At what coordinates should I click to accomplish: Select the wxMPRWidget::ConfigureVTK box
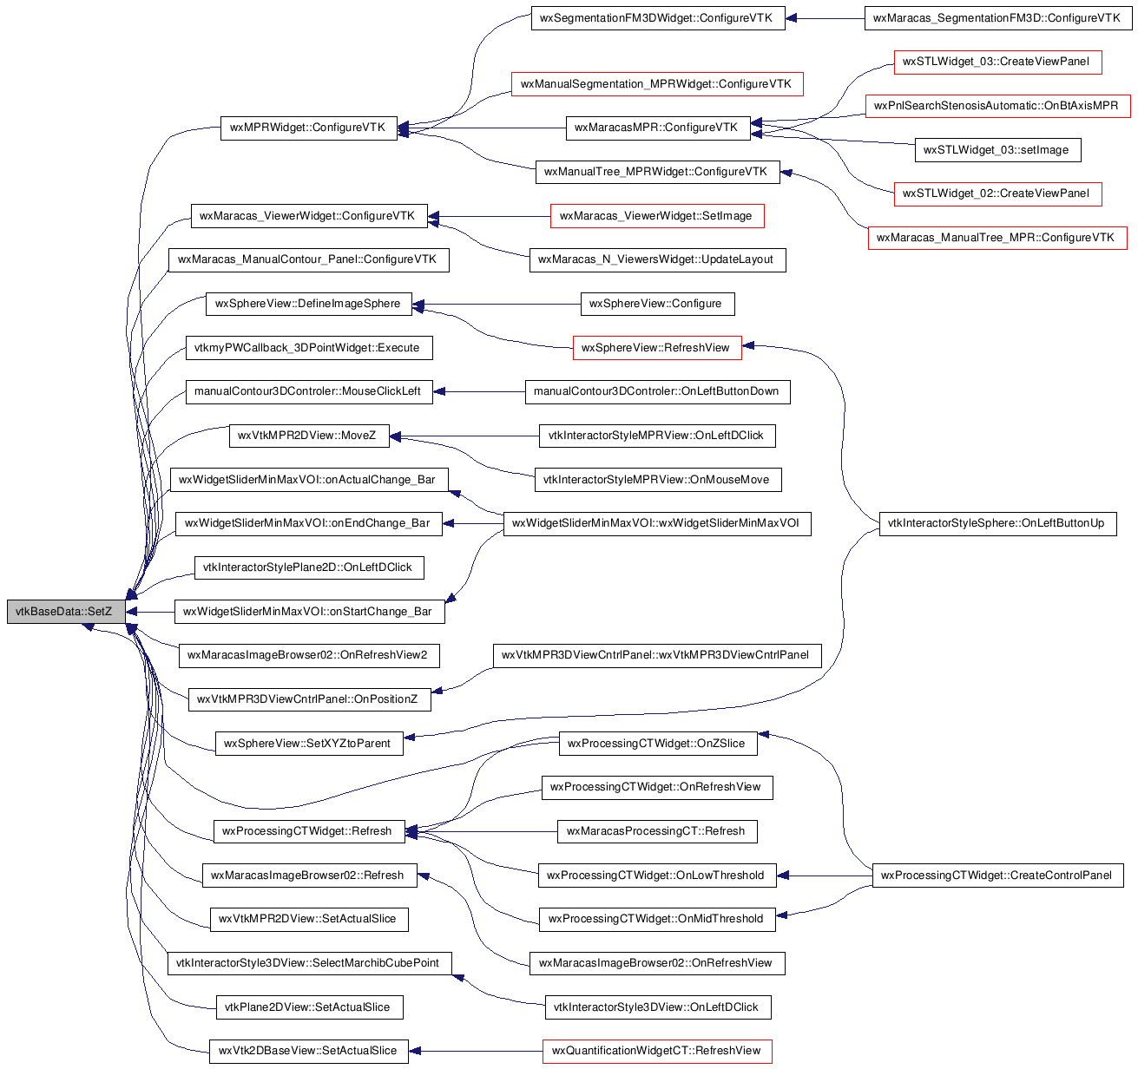pyautogui.click(x=308, y=128)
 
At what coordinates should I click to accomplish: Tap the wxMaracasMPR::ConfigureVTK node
pyautogui.click(x=657, y=128)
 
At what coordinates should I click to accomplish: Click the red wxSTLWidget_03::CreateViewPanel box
pyautogui.click(x=997, y=62)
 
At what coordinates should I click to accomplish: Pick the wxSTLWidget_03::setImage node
pyautogui.click(x=997, y=150)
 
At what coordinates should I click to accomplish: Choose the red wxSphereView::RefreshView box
pyautogui.click(x=656, y=348)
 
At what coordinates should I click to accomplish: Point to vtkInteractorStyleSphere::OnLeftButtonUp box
pyautogui.click(x=997, y=523)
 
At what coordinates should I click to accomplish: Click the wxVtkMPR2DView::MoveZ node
pyautogui.click(x=309, y=436)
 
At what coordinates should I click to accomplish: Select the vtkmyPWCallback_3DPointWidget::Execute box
pyautogui.click(x=309, y=348)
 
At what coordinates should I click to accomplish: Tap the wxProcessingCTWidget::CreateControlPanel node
pyautogui.click(x=997, y=876)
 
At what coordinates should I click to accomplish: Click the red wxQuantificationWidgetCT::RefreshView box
pyautogui.click(x=656, y=1052)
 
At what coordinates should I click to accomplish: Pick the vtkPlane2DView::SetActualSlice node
pyautogui.click(x=309, y=1007)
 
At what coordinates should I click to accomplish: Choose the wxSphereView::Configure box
pyautogui.click(x=657, y=304)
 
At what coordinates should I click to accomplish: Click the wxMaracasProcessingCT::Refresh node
pyautogui.click(x=656, y=831)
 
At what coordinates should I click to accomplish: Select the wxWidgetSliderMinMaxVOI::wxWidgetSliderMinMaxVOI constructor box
pyautogui.click(x=656, y=523)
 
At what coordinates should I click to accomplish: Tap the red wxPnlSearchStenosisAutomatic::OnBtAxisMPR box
pyautogui.click(x=997, y=106)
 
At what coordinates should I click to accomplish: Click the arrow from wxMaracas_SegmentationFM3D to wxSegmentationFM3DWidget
pyautogui.click(x=826, y=19)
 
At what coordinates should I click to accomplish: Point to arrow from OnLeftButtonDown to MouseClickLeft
pyautogui.click(x=479, y=392)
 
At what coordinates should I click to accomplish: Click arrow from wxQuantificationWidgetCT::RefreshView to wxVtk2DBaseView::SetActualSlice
pyautogui.click(x=476, y=1052)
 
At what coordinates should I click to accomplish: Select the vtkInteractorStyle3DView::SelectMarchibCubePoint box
pyautogui.click(x=309, y=963)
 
